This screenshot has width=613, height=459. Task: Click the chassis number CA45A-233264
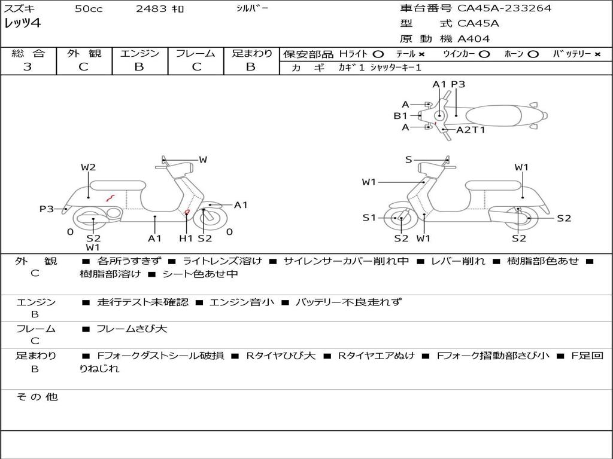point(504,8)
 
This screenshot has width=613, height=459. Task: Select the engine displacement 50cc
point(89,9)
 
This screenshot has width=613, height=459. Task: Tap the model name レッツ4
point(22,24)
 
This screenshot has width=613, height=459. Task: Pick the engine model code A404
point(474,39)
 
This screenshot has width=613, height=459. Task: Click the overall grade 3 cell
point(28,67)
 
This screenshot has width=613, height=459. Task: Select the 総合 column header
point(28,54)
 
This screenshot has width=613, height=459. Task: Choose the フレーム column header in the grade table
point(195,54)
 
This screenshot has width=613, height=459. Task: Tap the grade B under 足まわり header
point(251,67)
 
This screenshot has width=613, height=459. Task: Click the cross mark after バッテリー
point(597,54)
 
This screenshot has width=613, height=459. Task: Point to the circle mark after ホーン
point(533,54)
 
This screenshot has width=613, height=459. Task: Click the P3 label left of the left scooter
point(47,209)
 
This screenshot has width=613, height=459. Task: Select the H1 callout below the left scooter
point(186,238)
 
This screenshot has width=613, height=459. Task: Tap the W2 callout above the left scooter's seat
point(89,168)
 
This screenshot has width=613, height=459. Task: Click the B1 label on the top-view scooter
point(400,116)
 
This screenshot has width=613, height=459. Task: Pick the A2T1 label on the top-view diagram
point(471,130)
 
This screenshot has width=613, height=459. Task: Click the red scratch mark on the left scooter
point(110,197)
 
